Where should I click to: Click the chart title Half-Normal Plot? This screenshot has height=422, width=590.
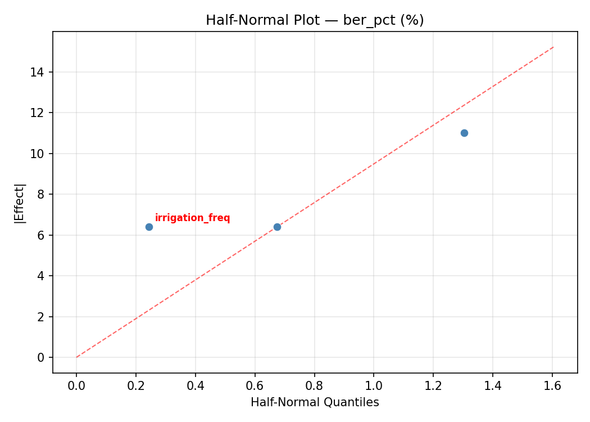coord(315,20)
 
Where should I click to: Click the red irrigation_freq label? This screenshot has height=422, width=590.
coord(192,218)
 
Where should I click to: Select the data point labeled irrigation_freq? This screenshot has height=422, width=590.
coord(149,227)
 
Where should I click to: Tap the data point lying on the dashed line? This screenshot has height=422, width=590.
coord(277,227)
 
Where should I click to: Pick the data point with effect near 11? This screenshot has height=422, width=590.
coord(464,133)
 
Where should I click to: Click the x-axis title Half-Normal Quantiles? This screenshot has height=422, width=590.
coord(315,402)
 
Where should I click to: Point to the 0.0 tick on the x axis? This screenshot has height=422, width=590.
coord(76,386)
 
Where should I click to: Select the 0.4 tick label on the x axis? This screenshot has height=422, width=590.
coord(196,386)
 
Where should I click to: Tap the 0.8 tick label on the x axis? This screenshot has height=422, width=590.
coord(314,386)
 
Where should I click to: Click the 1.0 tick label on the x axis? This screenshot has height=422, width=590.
coord(374,386)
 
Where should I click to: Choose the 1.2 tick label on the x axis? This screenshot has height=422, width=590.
coord(433,386)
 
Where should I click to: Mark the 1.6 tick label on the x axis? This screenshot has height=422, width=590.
coord(552,386)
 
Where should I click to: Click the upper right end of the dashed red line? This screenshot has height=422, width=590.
coord(553,47)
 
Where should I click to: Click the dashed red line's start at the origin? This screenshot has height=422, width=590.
coord(76,357)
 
